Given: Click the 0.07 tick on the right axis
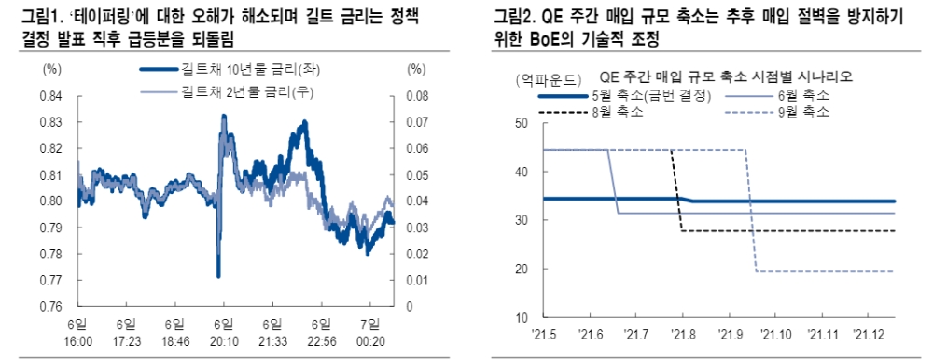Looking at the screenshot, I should pyautogui.click(x=419, y=122).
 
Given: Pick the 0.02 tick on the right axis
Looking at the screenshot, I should pyautogui.click(x=419, y=254).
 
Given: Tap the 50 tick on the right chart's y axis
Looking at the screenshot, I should pyautogui.click(x=521, y=124).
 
